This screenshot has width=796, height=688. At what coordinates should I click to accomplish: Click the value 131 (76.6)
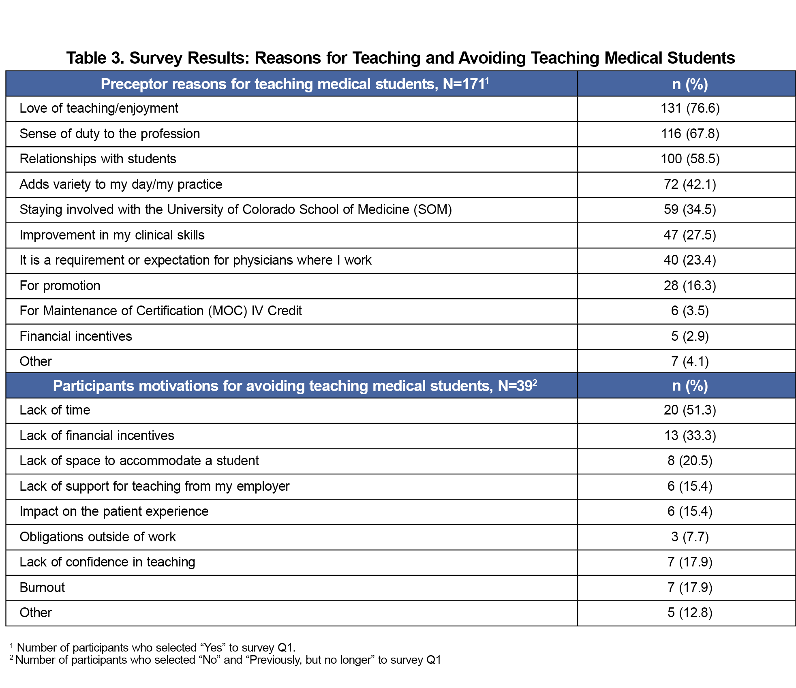[x=690, y=108]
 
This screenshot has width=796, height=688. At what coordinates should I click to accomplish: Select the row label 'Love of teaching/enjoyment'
[x=99, y=108]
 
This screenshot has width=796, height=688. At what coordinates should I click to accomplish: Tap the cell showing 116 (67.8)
[x=690, y=134]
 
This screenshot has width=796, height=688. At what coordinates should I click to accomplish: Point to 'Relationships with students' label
[x=98, y=159]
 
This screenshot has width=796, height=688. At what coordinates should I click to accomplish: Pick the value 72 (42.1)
[x=690, y=184]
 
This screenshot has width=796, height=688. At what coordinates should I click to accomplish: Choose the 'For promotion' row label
[x=60, y=286]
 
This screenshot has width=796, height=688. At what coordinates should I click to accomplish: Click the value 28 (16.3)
[x=690, y=286]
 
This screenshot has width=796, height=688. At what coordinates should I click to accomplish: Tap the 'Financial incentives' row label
[x=76, y=336]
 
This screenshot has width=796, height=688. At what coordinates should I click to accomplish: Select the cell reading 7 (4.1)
[x=690, y=361]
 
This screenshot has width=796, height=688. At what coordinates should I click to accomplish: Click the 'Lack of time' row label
[x=55, y=410]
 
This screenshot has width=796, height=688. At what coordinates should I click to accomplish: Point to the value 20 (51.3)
[x=690, y=410]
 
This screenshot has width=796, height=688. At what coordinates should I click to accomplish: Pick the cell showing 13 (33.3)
[x=690, y=436]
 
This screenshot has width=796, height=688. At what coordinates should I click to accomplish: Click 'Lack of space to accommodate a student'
[x=139, y=461]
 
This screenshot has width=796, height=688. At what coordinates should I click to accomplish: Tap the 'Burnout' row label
[x=42, y=588]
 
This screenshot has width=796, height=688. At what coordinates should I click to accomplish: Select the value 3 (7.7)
[x=690, y=537]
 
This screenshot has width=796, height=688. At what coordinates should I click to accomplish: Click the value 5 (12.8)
[x=690, y=613]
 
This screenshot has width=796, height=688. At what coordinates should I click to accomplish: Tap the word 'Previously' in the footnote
[x=276, y=660]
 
